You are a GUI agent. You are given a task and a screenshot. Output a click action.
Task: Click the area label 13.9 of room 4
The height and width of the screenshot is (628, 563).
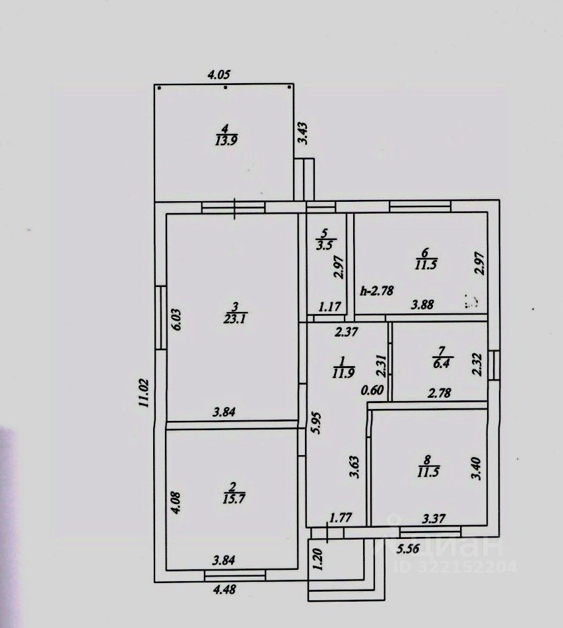224,140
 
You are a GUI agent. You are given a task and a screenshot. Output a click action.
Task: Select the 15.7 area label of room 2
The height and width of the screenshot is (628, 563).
231,497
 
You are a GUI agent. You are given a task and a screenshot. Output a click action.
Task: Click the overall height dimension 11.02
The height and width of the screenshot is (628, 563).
143,394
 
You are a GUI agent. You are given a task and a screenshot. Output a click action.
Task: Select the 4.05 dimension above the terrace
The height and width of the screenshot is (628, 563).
222,75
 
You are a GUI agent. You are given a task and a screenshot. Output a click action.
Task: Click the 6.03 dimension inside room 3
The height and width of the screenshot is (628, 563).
176,321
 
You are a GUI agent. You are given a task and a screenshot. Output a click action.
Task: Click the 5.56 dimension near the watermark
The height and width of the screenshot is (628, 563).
408,547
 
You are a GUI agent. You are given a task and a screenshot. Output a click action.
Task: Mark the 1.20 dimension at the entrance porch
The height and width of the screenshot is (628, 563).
319,559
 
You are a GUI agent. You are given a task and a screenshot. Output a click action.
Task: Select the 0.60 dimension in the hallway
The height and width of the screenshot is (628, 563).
374,389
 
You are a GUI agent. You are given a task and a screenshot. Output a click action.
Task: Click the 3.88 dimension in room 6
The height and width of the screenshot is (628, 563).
424,305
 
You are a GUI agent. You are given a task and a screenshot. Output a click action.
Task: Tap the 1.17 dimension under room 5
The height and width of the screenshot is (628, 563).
329,306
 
